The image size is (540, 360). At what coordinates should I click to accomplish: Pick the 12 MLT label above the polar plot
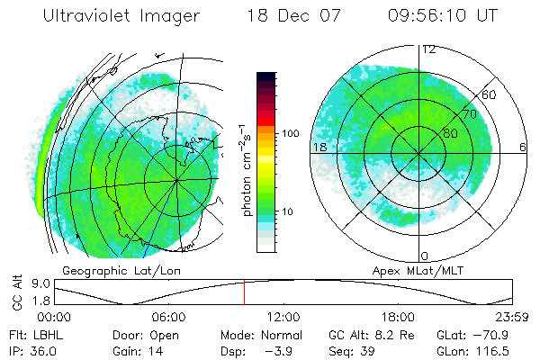tap(429, 49)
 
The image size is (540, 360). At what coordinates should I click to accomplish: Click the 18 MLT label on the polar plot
tap(319, 146)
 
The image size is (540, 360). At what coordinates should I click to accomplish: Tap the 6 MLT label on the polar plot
tap(523, 146)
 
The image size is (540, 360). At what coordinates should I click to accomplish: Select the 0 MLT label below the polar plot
tap(425, 256)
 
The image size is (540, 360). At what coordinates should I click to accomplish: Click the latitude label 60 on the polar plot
tap(490, 94)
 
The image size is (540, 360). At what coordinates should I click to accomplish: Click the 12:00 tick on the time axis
tap(283, 317)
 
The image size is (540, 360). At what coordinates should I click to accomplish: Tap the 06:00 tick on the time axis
tap(168, 317)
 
